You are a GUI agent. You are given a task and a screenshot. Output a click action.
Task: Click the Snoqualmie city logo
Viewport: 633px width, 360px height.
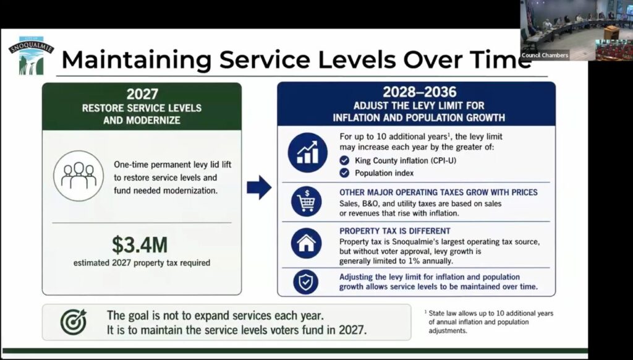31,56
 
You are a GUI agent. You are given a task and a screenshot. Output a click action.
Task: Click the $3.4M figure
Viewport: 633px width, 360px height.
140,245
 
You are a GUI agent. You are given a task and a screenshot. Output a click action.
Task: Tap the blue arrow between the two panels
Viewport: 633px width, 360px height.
259,187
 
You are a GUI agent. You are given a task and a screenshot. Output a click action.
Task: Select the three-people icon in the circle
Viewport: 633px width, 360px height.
79,176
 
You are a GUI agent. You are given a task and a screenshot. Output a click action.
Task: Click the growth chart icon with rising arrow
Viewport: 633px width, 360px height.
308,152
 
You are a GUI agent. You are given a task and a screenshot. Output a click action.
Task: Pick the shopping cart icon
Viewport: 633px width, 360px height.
307,201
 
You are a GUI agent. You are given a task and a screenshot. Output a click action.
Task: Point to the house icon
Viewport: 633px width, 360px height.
307,243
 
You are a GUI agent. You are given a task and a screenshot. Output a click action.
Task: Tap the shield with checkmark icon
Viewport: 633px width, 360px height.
305,282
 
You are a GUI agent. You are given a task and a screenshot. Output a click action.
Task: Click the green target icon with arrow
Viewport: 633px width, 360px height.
73,322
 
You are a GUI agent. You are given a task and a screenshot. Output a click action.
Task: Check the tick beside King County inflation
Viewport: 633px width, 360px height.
344,160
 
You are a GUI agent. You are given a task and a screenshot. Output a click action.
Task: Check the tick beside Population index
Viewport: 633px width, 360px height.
344,173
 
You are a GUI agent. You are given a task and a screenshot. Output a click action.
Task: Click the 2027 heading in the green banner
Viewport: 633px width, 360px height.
142,94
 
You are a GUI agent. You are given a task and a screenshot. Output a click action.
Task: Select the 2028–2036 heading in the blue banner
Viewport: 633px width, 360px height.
419,92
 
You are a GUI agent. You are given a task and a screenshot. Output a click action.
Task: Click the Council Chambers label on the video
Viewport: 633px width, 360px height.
545,55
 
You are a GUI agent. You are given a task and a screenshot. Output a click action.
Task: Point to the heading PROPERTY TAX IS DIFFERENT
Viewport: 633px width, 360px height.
394,231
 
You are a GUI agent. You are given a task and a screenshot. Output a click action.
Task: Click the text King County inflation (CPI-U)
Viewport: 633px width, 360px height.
406,160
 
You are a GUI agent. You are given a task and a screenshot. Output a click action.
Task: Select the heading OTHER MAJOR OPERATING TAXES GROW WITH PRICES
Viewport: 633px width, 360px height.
438,192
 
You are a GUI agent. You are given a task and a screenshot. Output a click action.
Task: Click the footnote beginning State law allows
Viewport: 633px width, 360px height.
488,322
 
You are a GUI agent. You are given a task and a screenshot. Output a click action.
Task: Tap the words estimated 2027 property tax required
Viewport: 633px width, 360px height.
142,263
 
